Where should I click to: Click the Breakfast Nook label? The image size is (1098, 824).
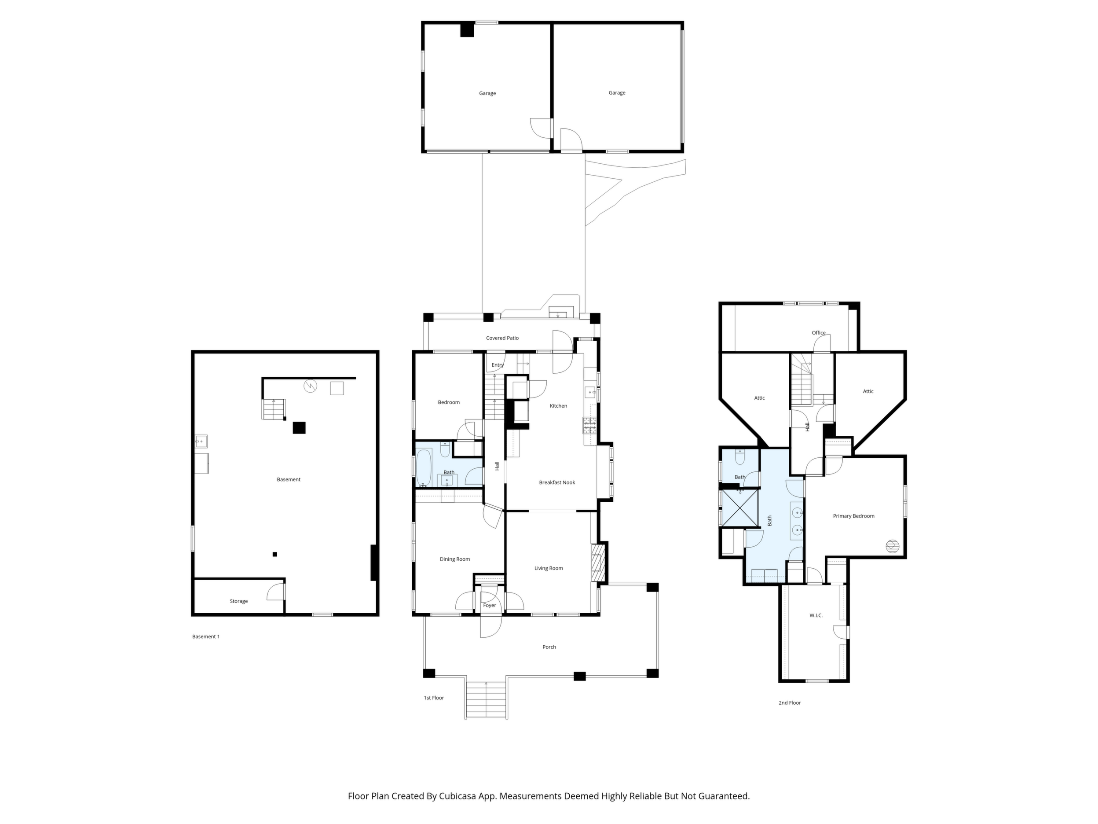click(x=557, y=482)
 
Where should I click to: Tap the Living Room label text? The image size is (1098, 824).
click(x=549, y=568)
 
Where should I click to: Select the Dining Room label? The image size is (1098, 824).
click(x=455, y=559)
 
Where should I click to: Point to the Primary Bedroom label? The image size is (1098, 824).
click(x=854, y=516)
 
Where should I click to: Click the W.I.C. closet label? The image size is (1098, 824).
click(x=816, y=615)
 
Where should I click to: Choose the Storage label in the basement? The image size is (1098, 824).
click(x=239, y=601)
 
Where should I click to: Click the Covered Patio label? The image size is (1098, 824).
click(x=502, y=338)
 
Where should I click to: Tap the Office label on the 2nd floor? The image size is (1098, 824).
click(x=819, y=333)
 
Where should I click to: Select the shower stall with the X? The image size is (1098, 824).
click(x=739, y=508)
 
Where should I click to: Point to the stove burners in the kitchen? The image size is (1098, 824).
click(x=590, y=426)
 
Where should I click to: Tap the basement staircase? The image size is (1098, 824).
click(x=274, y=409)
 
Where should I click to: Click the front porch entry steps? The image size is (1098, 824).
click(x=486, y=700)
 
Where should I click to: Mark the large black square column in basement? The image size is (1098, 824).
click(x=299, y=428)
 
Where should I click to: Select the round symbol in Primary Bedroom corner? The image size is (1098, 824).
click(x=892, y=546)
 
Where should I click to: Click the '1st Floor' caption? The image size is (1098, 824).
click(x=434, y=698)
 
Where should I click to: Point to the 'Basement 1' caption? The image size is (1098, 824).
click(x=206, y=637)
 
